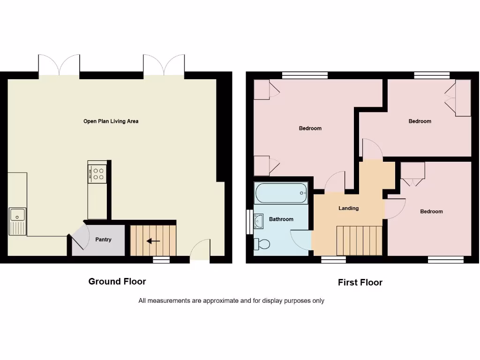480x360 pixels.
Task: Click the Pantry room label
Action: tap(103, 240)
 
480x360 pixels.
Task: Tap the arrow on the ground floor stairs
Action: tap(153, 241)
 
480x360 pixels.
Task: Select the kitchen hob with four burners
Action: tap(98, 174)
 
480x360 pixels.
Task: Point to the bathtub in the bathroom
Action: tap(281, 193)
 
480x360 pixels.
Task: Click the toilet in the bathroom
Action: tap(262, 244)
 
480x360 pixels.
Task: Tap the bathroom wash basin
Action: tap(258, 221)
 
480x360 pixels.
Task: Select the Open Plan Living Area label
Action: tap(111, 121)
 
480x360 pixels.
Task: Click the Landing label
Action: tap(348, 208)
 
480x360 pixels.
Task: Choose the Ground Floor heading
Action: tap(117, 282)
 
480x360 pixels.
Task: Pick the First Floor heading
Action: tap(360, 283)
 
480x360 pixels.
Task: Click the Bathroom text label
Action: tap(281, 219)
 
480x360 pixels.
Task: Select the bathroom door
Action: tap(300, 240)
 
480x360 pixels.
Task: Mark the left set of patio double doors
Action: tap(59, 66)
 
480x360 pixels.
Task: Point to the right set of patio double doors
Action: tap(164, 66)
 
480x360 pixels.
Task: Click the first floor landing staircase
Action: tap(360, 240)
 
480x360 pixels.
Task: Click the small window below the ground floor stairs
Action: tap(161, 259)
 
